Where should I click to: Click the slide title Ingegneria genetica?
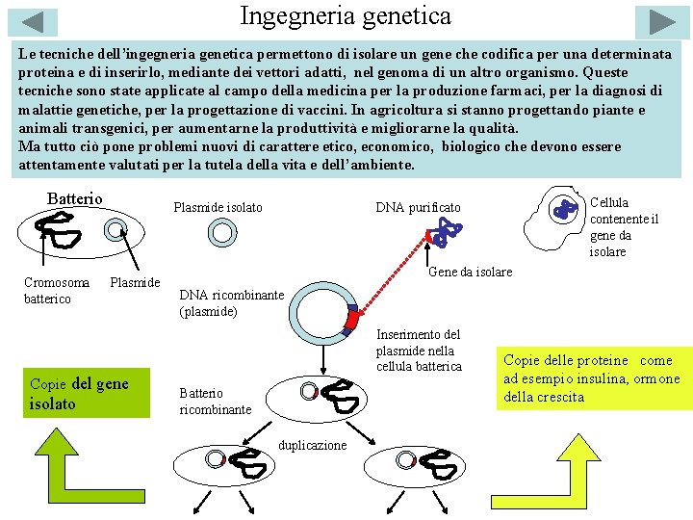[346, 16]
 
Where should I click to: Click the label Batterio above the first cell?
[74, 198]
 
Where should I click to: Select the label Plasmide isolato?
[218, 207]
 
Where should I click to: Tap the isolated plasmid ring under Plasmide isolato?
[222, 232]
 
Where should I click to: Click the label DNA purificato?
[418, 207]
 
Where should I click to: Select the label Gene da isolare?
[470, 272]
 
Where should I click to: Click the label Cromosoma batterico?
[57, 290]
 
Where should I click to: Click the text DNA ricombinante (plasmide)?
[232, 302]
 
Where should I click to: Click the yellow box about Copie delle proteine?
[594, 378]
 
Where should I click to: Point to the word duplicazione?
[312, 445]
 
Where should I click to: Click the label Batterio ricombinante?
[216, 401]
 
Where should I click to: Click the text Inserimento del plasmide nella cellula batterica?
[419, 351]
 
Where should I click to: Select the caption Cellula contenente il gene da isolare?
[624, 227]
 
